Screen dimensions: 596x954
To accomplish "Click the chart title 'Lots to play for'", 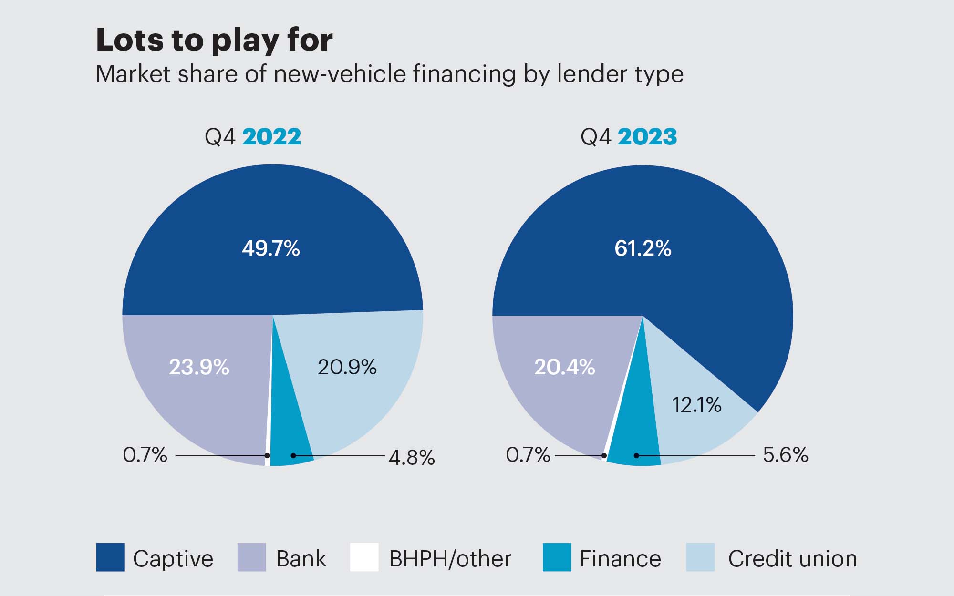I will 214,40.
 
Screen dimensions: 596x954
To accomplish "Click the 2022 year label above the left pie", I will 271,137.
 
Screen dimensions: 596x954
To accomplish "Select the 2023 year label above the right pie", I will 647,137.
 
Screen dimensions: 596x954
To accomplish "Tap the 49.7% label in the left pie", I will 270,248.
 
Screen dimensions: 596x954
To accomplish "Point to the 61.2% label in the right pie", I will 643,248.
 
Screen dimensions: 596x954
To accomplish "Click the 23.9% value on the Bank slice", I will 199,367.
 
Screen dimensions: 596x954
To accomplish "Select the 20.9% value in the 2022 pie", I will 347,367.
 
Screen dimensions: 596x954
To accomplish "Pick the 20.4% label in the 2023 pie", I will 564,367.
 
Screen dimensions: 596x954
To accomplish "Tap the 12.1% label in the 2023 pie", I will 696,405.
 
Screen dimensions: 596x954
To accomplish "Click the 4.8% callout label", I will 411,458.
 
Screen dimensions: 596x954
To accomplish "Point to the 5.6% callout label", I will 785,455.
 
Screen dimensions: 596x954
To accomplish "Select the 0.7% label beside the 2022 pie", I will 145,455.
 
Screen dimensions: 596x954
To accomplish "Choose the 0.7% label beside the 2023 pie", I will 528,455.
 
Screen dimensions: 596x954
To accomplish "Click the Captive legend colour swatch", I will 110,557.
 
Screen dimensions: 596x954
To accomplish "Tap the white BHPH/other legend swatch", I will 364,557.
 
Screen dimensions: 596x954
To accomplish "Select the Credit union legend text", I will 792,559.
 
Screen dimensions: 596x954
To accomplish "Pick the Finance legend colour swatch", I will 557,557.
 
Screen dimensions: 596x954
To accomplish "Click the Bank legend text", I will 301,559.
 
